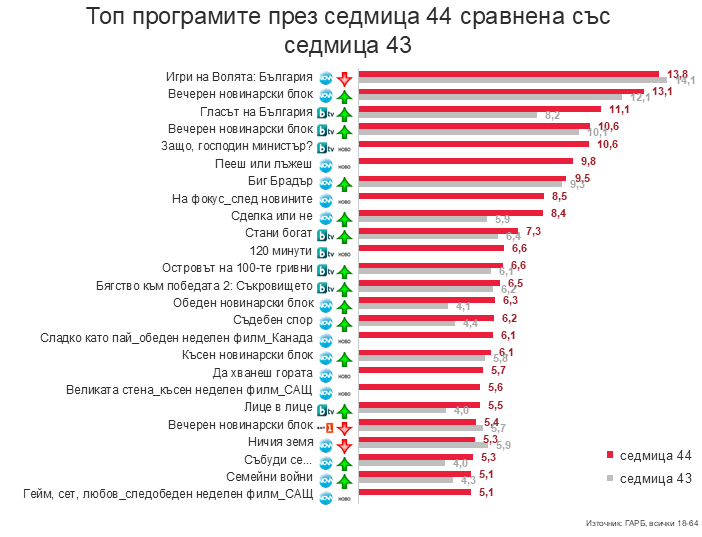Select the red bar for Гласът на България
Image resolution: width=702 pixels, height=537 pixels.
coord(479,108)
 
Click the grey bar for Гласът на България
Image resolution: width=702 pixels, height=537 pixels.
coord(448,115)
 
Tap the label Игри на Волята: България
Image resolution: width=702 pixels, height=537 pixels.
coord(239,76)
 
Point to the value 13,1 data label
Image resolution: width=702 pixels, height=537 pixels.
coord(663,92)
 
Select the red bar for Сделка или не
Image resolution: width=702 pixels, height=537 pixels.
coord(450,212)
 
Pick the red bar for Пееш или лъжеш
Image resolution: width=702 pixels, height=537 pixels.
coord(465,160)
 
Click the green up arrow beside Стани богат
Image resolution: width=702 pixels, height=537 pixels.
coord(343,235)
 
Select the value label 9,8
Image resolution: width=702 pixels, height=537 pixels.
coord(588,161)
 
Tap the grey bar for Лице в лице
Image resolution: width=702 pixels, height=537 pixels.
coord(402,410)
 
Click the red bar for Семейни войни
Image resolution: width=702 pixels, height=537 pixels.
coord(414,474)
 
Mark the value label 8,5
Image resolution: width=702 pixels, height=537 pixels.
coord(561,197)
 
